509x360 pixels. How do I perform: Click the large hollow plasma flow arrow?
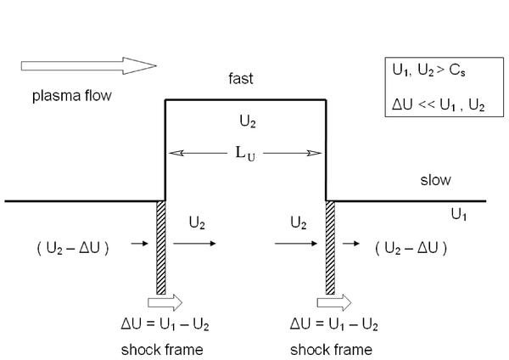coord(88,65)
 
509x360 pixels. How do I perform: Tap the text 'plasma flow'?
coord(72,96)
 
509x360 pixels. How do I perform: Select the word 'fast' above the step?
coord(241,79)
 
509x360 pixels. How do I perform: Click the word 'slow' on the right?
coord(435,180)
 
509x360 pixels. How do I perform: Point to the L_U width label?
coord(245,154)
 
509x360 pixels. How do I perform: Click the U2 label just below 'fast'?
coord(248,121)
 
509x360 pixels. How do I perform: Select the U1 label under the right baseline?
coord(459,215)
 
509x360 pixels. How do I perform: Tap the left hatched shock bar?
coord(161,248)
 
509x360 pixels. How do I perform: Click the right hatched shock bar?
coord(330,248)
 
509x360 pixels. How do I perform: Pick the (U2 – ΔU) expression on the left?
coord(73,249)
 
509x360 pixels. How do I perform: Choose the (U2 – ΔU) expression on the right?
coord(411,249)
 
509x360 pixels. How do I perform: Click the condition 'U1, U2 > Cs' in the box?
coord(428,70)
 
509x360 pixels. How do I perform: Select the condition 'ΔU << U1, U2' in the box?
coord(439,105)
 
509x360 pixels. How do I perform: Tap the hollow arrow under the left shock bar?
coord(165,302)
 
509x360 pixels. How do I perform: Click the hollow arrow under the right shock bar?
coord(334,302)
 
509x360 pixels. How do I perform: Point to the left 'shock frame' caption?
coord(162,350)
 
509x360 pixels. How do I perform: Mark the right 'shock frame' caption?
coord(331,350)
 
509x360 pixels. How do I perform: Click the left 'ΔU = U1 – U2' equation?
coord(165,324)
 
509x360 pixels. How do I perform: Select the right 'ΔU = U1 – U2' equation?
coord(334,324)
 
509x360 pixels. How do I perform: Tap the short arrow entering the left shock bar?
coord(140,244)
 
